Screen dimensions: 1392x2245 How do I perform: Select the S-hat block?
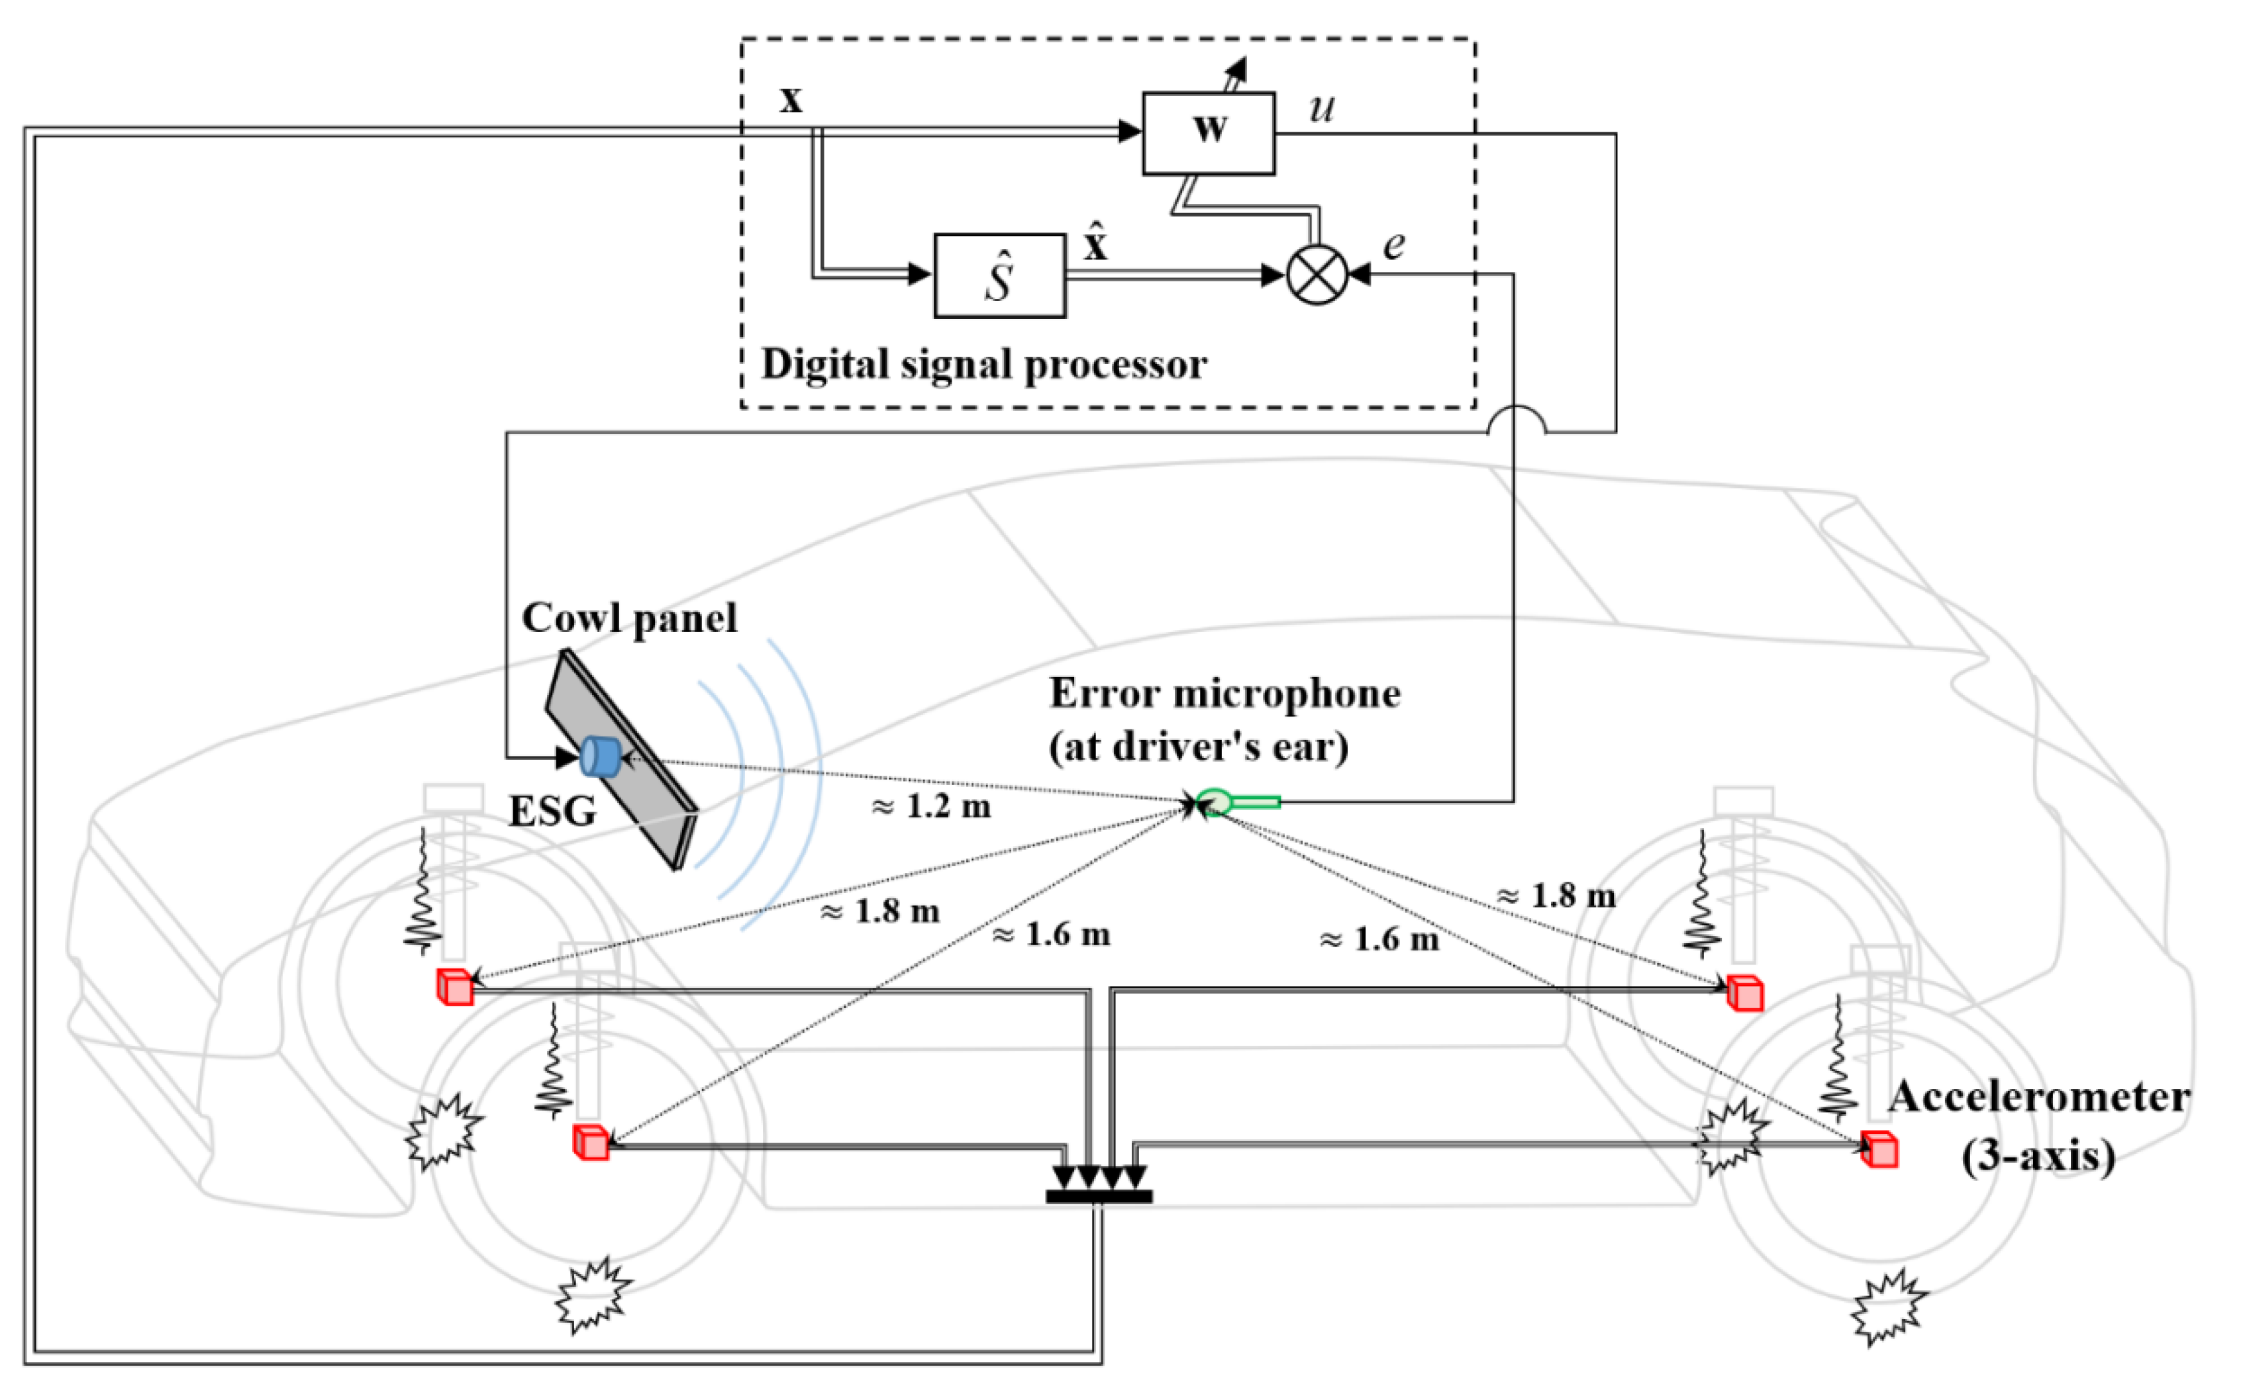[999, 275]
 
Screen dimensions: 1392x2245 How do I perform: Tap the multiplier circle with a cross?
[1316, 274]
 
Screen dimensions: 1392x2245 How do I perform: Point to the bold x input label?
[790, 99]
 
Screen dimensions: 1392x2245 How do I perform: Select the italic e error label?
[1393, 245]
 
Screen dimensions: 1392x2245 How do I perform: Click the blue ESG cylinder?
[601, 757]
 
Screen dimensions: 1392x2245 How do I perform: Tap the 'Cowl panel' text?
[629, 617]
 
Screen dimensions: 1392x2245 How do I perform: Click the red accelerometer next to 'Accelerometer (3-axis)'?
[1879, 1149]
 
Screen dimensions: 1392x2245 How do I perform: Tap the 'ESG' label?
[552, 811]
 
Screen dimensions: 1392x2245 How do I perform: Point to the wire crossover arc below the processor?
[1516, 419]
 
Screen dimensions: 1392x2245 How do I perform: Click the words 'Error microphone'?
[1224, 693]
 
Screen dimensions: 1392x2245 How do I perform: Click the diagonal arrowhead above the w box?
[1236, 68]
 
